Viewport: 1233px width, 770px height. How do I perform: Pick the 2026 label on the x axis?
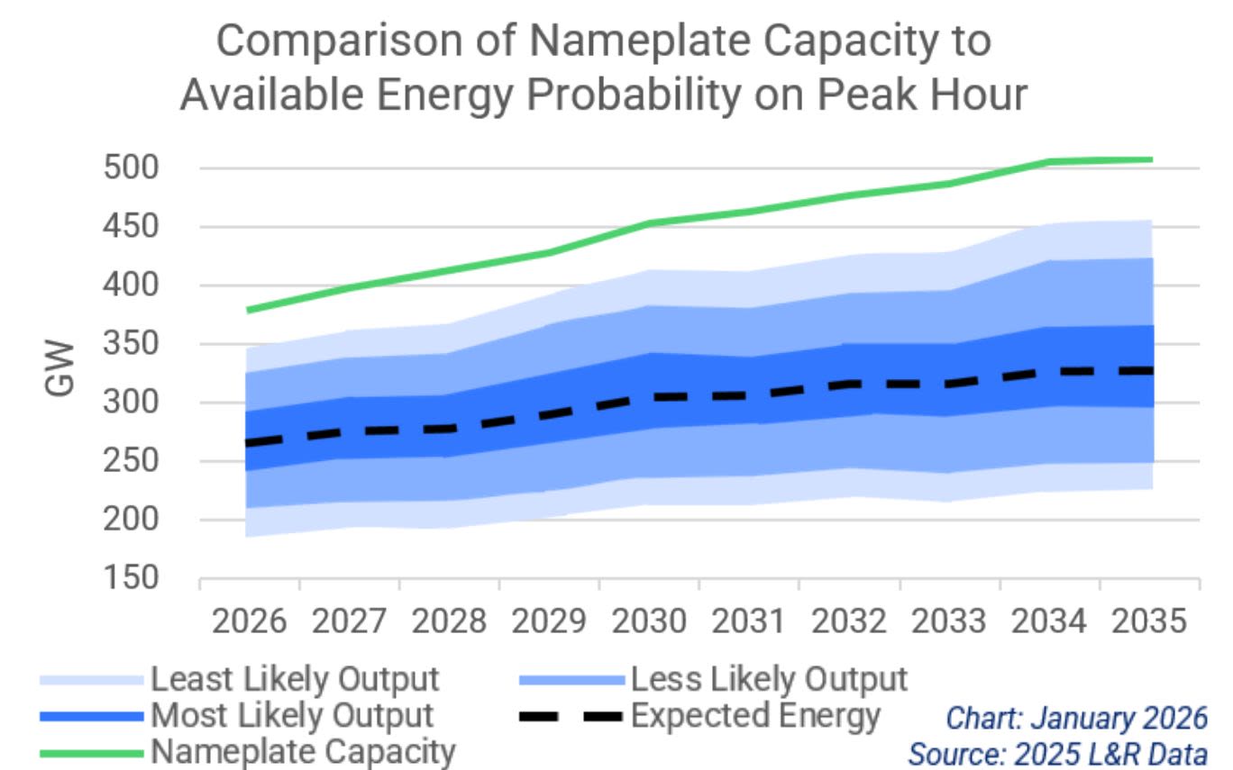[249, 622]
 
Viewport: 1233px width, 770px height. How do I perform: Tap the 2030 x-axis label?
[649, 622]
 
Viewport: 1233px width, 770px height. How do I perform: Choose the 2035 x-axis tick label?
[1149, 622]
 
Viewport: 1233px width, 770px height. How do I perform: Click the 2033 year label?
[949, 622]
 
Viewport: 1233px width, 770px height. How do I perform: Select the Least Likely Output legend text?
[295, 678]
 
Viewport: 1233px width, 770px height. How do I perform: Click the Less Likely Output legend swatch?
[571, 679]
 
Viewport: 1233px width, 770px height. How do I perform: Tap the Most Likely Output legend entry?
[292, 716]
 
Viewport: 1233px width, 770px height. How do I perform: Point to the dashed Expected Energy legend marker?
[571, 717]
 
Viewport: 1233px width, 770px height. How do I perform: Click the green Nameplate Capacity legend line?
[90, 751]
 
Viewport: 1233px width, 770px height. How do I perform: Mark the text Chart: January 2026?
[1075, 718]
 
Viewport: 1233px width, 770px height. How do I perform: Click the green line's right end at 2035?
[1151, 160]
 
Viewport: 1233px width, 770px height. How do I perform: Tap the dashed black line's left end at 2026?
[247, 443]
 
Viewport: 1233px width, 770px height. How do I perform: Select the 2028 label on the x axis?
[449, 622]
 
